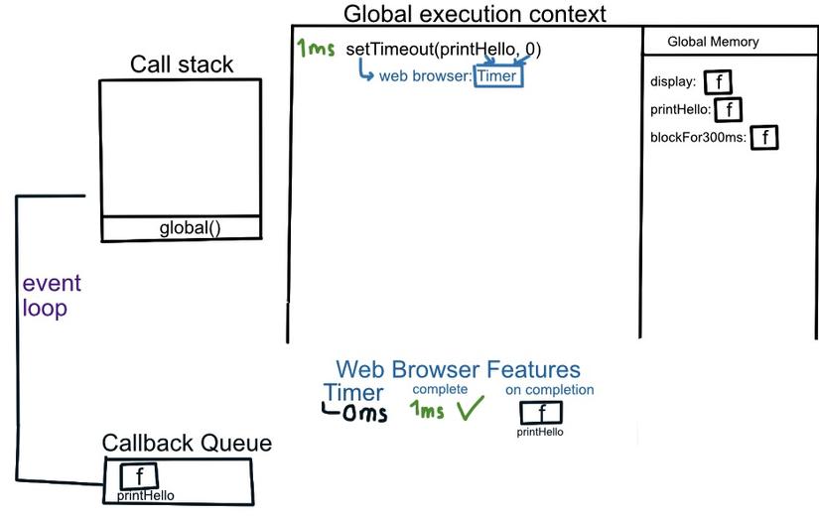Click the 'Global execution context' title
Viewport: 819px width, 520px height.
[x=474, y=14]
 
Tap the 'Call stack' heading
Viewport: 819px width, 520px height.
[x=182, y=65]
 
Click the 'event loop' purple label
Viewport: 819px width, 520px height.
[x=45, y=296]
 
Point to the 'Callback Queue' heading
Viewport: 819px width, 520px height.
[x=187, y=444]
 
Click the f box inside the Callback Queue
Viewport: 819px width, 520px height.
[x=139, y=476]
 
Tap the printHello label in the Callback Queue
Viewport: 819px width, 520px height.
[x=146, y=494]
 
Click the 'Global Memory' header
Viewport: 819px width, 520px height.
[x=713, y=42]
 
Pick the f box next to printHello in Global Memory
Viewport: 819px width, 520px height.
[x=729, y=109]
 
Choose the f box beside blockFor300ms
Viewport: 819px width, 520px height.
[x=763, y=137]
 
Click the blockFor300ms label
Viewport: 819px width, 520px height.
[x=697, y=137]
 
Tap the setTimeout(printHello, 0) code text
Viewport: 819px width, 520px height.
[x=444, y=49]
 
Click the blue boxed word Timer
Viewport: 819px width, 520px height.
[x=497, y=75]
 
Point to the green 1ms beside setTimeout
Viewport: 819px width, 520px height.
[x=316, y=49]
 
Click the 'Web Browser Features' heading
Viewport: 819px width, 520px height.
[x=458, y=370]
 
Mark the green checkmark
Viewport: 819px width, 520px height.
[x=469, y=409]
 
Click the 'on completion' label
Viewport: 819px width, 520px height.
[x=549, y=390]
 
